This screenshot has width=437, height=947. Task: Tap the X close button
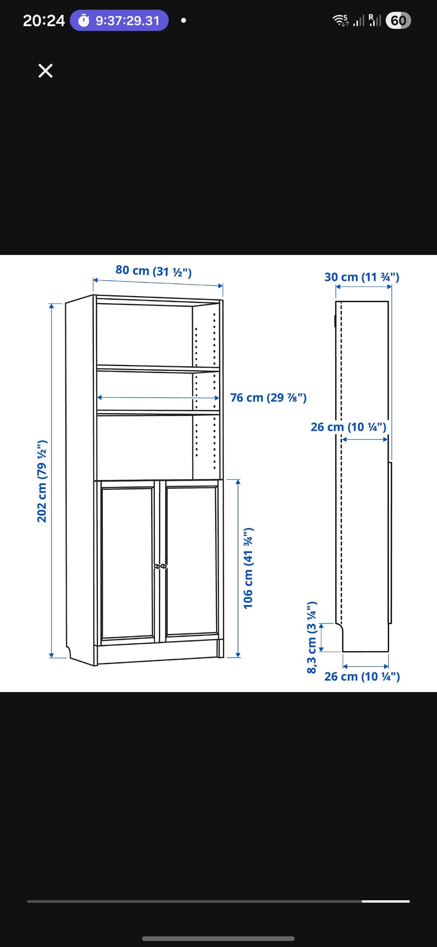point(46,70)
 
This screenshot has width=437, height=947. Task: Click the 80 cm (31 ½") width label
point(154,271)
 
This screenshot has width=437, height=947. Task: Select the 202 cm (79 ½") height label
point(42,481)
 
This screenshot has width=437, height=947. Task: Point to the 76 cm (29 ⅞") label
point(268,398)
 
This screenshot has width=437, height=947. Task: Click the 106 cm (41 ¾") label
point(248,568)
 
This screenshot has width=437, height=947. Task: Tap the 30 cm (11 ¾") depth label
point(362,277)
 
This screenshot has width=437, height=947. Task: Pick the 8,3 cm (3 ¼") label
point(312,637)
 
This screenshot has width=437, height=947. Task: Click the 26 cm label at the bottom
point(362,677)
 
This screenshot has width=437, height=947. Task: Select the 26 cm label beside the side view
point(349,427)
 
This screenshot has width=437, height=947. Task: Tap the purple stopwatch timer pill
point(119,20)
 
